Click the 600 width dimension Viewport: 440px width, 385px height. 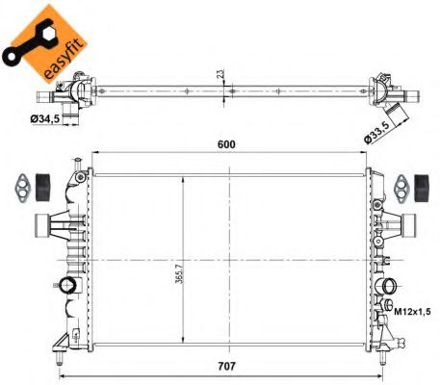click(x=227, y=144)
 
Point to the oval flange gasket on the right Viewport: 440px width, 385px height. click(x=401, y=184)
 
